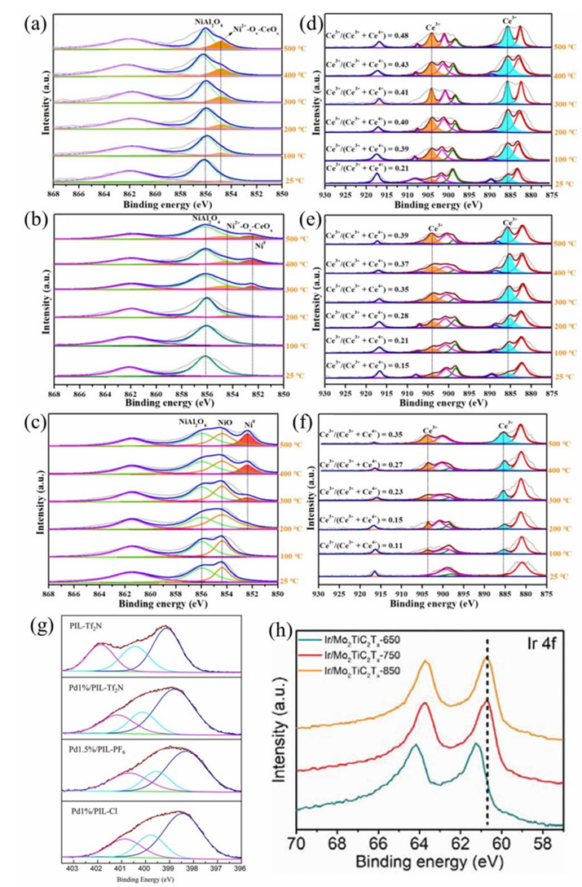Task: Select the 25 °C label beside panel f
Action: coord(561,576)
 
